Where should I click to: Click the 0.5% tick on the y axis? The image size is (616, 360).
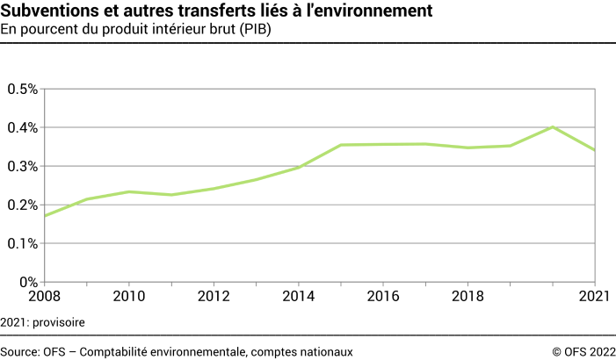click(22, 89)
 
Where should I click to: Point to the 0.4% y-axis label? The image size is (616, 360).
click(22, 127)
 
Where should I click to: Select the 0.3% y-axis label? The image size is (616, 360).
click(22, 166)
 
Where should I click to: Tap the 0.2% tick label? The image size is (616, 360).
click(22, 205)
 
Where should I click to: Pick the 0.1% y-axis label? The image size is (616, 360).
click(22, 243)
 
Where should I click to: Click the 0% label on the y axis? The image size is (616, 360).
click(28, 282)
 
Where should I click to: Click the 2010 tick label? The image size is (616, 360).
click(129, 298)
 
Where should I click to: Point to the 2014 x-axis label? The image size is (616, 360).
click(298, 298)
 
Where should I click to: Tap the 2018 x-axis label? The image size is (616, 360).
click(467, 298)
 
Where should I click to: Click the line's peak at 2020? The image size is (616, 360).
click(553, 126)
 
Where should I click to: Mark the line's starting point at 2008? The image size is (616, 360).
click(45, 215)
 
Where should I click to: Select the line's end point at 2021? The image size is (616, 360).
click(595, 150)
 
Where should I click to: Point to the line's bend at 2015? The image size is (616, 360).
click(341, 145)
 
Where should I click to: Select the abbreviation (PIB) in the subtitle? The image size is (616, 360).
click(252, 30)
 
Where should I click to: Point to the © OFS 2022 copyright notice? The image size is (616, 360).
click(583, 351)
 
